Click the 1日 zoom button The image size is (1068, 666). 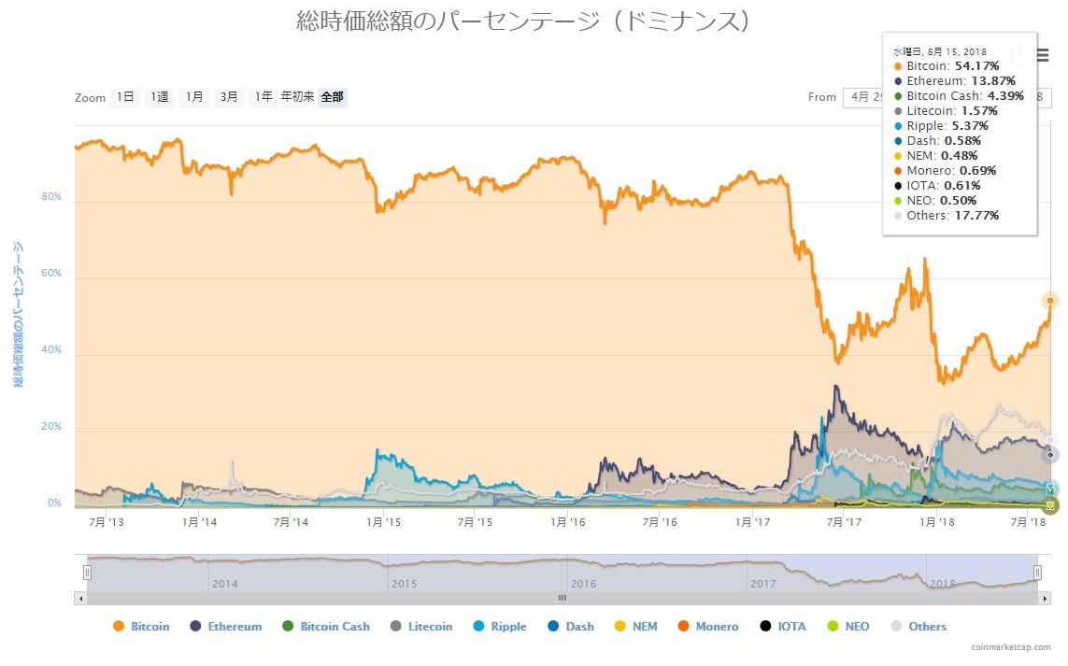(124, 97)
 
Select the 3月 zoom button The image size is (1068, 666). (229, 97)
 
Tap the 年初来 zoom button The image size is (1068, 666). (298, 97)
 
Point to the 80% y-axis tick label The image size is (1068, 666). (50, 197)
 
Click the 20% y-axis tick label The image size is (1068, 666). (50, 427)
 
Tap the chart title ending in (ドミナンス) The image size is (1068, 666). (524, 21)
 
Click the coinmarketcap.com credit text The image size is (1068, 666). (1010, 646)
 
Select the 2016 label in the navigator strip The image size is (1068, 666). (584, 584)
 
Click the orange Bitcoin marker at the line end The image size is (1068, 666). (1050, 300)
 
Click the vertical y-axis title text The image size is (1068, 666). (18, 316)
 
